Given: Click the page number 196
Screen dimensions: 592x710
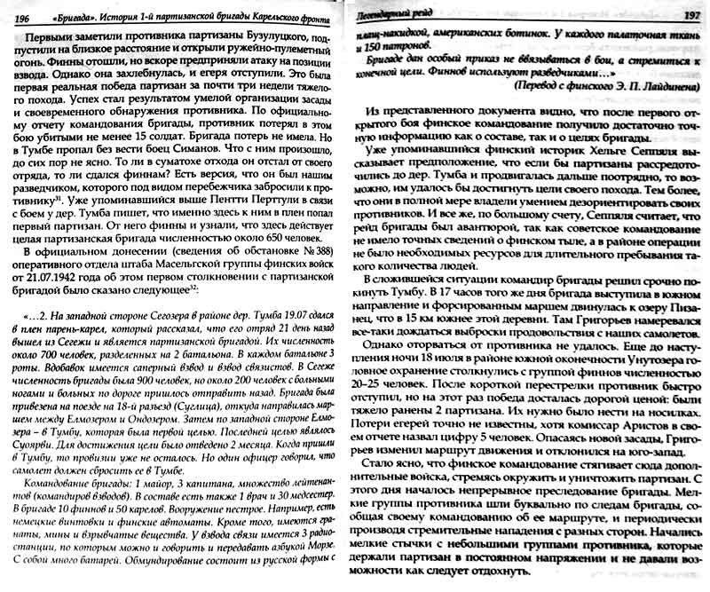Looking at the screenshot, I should (17, 19).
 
